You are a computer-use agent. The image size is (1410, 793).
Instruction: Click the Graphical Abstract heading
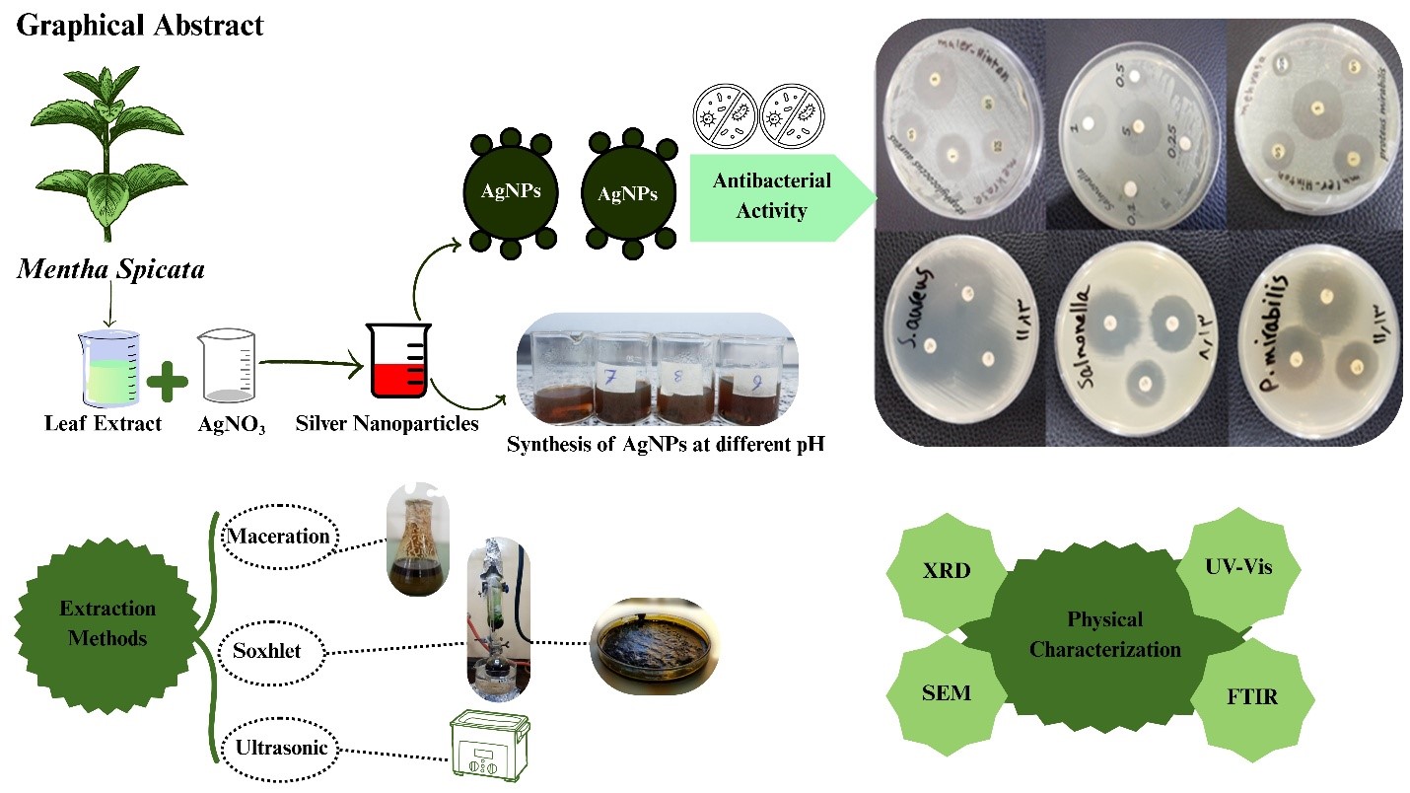(140, 25)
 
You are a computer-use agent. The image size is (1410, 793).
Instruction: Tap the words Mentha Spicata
(110, 268)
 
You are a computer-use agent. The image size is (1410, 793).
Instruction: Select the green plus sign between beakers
(167, 380)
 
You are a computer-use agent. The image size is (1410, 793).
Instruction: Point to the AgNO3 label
(231, 426)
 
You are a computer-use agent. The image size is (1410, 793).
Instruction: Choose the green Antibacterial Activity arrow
(775, 195)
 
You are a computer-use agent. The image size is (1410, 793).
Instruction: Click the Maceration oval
(277, 537)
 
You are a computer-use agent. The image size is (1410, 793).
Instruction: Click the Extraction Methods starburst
(107, 623)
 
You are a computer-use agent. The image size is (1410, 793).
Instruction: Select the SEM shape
(947, 692)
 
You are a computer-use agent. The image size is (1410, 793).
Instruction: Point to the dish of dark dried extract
(649, 647)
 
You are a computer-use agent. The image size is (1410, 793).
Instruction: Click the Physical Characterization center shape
(1104, 634)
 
